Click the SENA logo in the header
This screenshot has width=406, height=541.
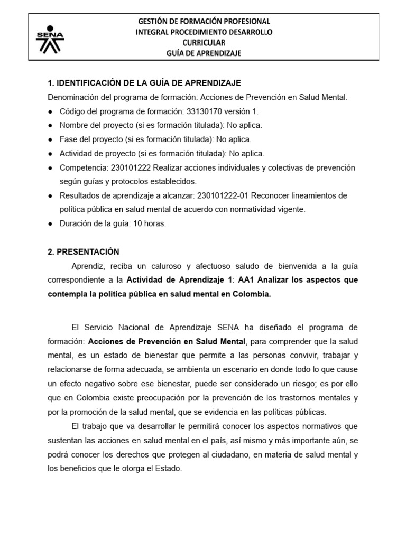(x=49, y=39)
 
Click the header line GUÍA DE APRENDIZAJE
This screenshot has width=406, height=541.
(x=204, y=53)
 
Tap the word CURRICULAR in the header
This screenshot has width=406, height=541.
(x=204, y=42)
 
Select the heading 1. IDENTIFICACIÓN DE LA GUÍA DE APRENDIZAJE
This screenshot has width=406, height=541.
(x=144, y=83)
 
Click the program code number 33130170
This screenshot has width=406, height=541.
(x=204, y=111)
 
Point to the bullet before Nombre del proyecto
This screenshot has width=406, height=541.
(x=50, y=126)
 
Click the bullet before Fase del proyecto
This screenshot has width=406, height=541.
(x=50, y=139)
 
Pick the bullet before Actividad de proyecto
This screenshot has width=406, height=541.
(x=50, y=154)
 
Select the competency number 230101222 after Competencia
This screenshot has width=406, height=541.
(x=130, y=167)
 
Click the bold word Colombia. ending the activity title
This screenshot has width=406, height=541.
(x=253, y=294)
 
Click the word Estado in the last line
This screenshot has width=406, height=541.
(x=170, y=468)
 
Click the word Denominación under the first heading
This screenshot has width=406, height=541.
(x=72, y=97)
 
